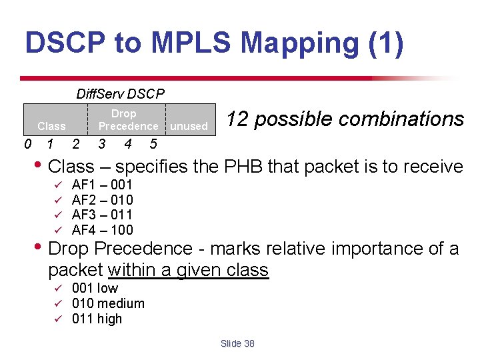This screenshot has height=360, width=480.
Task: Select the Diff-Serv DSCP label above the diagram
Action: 120,94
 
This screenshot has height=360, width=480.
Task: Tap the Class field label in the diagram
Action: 51,126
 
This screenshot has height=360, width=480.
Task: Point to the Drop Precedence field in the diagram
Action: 128,120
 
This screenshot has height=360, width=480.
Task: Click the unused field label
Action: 189,126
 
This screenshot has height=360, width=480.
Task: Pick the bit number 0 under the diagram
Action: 27,144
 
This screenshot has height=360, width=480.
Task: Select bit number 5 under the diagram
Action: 153,144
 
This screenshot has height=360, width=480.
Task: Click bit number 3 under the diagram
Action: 101,144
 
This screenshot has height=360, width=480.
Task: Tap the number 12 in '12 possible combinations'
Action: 237,119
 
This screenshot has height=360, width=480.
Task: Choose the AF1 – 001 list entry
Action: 102,185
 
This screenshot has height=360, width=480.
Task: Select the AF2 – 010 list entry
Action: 102,200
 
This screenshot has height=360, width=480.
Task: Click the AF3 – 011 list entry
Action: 102,215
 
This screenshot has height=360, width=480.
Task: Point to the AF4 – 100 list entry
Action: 102,230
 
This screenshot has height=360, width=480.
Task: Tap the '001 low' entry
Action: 95,288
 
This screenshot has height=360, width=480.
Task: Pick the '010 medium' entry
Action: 108,303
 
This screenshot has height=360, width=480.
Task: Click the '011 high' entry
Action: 97,319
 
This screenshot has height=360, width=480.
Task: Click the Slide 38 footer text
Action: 237,343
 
